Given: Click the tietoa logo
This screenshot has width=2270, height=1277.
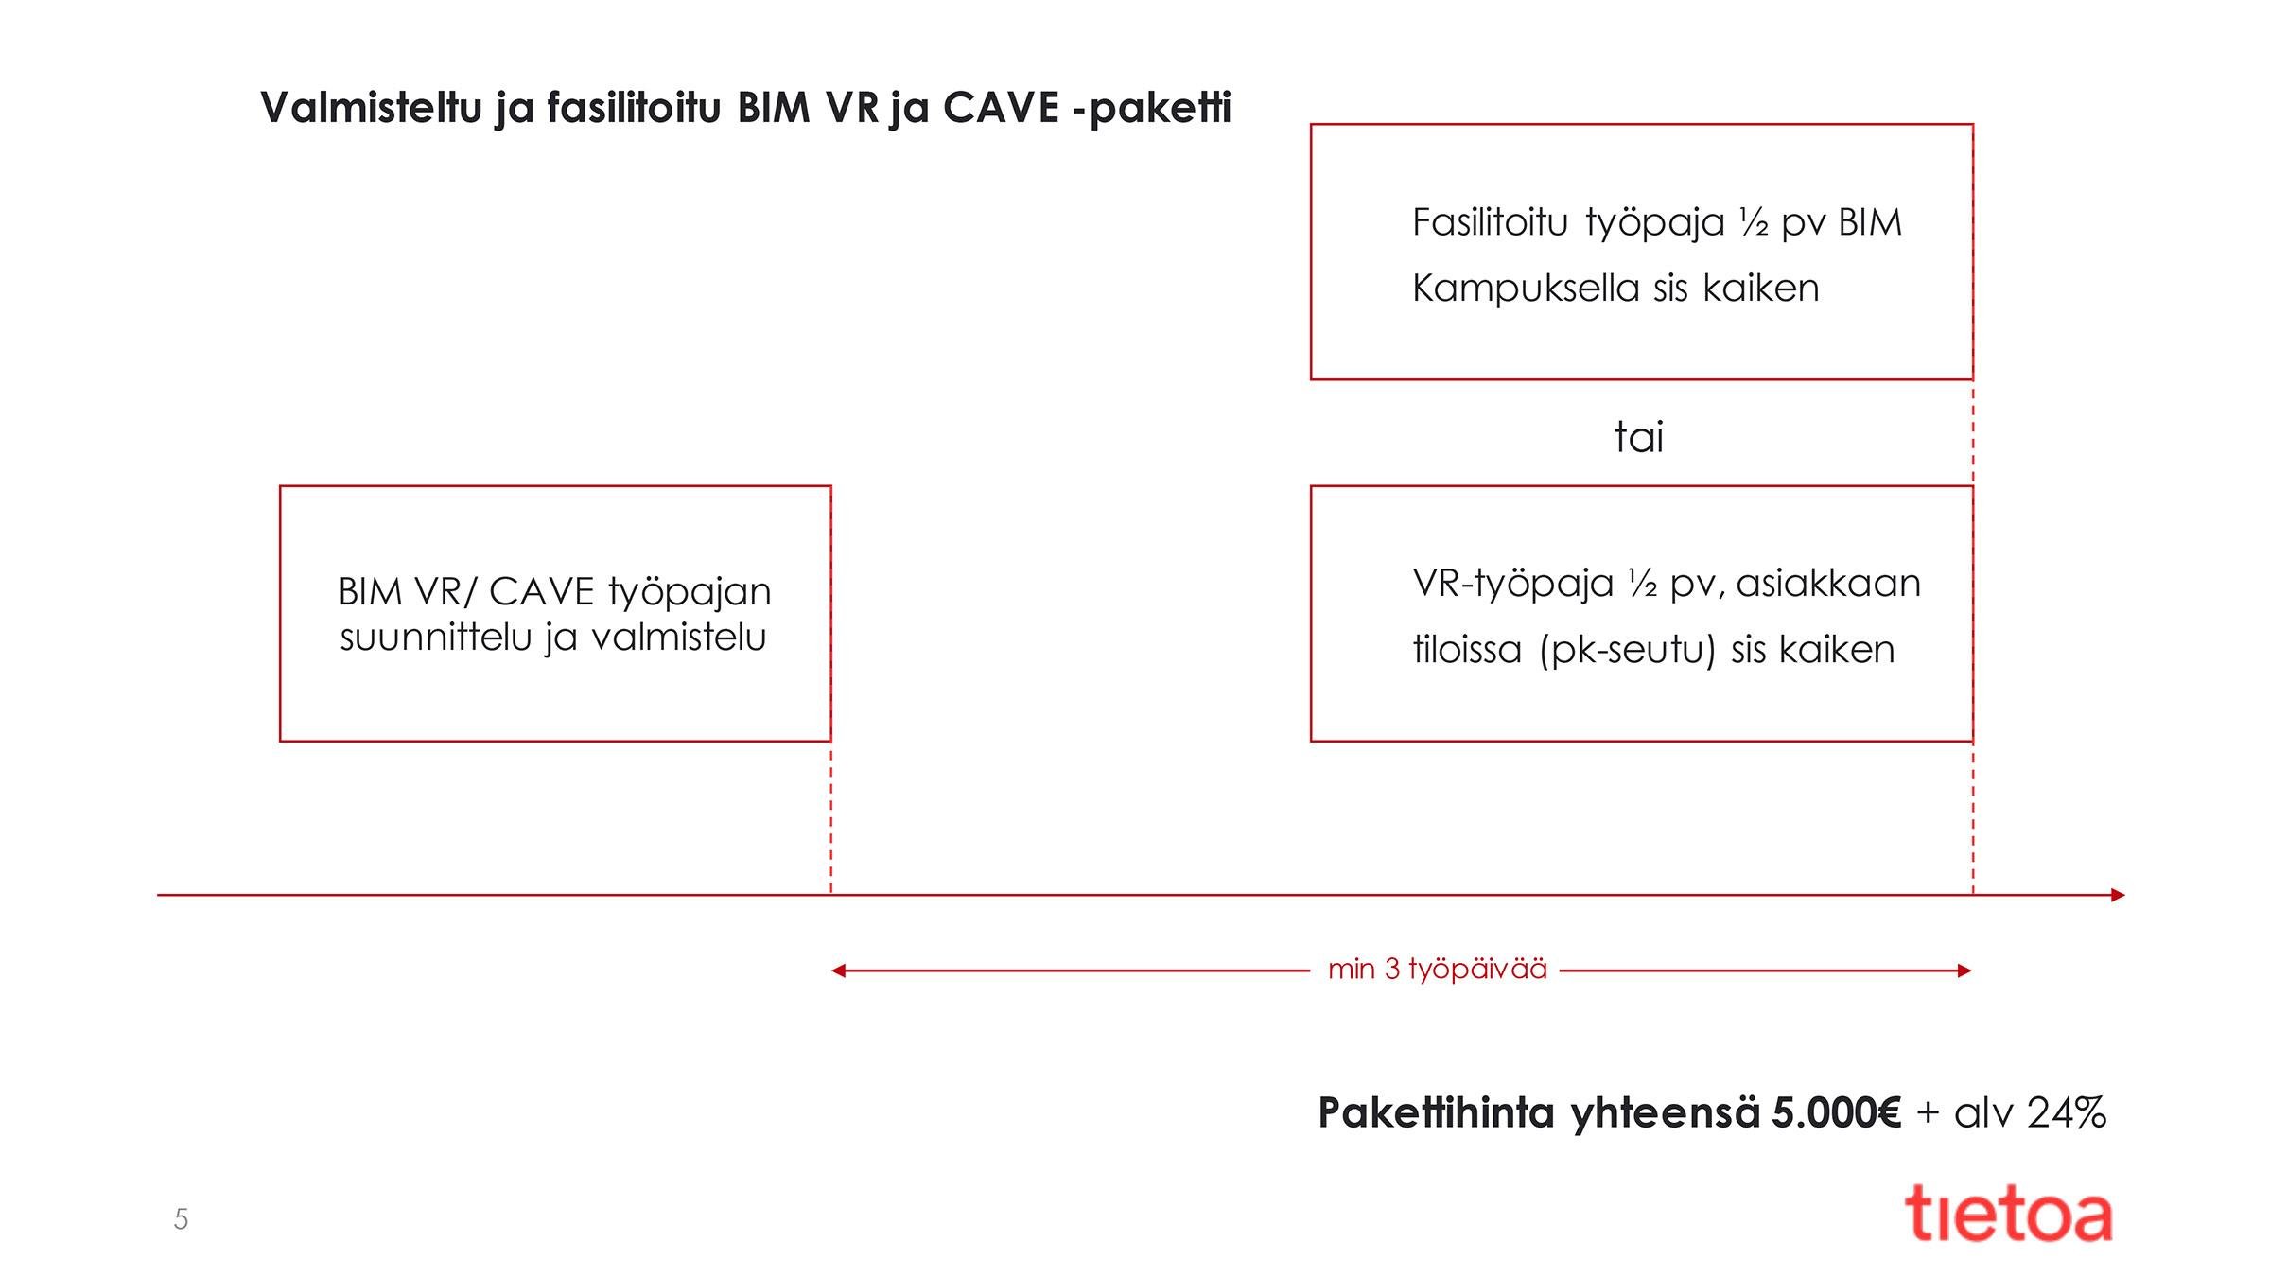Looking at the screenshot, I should pos(2007,1215).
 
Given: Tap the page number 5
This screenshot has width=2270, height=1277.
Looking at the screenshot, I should pos(181,1219).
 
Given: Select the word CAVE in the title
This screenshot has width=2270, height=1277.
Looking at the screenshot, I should pos(1001,108).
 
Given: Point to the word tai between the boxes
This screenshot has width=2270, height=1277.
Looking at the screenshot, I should pos(1638,437).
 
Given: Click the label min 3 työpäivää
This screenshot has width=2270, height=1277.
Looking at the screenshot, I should pos(1438,970).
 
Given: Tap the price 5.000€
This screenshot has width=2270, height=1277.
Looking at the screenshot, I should pos(1836,1112).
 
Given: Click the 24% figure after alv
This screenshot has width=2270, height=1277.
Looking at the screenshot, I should pos(2068,1112).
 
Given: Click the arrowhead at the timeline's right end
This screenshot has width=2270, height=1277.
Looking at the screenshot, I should pos(2118,895).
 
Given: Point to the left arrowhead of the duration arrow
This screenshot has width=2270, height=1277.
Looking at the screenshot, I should pos(838,971).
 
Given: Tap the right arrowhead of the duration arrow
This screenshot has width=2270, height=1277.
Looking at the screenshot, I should pos(1964,971).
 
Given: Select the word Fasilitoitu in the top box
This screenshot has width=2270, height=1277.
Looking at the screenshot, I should pos(1491,223).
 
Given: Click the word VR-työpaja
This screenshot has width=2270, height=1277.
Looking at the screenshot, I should pos(1512,585).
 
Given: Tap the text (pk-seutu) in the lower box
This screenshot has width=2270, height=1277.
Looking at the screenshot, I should pos(1627,651).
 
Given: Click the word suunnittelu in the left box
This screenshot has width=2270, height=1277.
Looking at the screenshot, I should pos(436,638).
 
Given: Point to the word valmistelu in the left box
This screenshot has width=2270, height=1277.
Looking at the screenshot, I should pos(678,638).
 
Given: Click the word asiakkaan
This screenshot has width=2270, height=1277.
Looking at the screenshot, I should pos(1828,585).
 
